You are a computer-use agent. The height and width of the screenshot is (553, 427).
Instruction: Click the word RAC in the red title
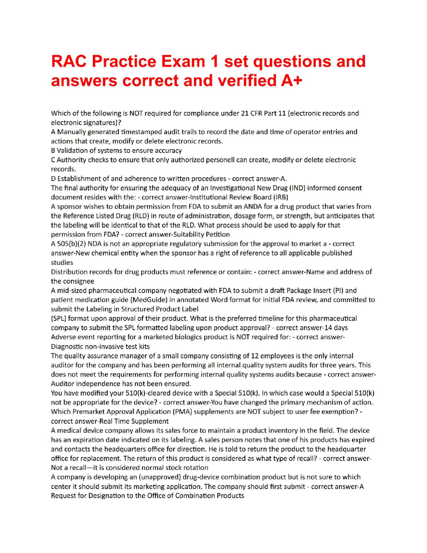pos(70,62)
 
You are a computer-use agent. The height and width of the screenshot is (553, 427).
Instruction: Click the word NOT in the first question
pos(136,113)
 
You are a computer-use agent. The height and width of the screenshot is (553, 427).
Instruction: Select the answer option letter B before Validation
pos(53,151)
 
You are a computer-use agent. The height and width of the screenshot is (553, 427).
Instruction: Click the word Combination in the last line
pos(195,496)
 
